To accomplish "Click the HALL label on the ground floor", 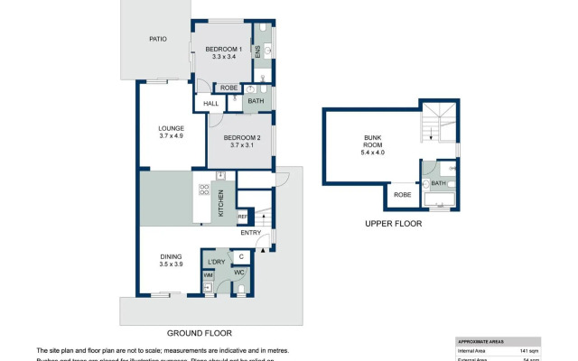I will tap(211, 104).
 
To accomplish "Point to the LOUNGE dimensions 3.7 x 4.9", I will tap(172, 136).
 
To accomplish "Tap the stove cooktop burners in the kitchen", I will tap(203, 190).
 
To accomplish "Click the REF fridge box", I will tap(242, 217).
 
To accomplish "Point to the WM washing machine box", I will tap(208, 274).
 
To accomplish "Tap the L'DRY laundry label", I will tap(216, 261).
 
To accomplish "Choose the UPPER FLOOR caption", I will tap(393, 223).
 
